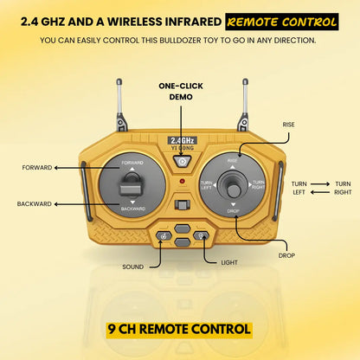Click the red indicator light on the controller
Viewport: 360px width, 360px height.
pos(182,181)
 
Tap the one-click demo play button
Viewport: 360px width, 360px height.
pos(182,161)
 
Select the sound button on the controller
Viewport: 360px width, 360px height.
pos(164,236)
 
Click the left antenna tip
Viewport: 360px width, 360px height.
pos(119,81)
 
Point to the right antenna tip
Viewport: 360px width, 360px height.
pos(245,81)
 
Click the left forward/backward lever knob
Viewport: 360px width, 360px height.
pos(132,189)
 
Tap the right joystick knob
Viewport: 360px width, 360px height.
pos(234,190)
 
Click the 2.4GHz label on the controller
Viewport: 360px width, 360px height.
pos(183,140)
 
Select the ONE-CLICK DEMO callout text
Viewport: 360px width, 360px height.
pos(181,92)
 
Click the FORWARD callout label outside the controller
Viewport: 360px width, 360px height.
pos(37,168)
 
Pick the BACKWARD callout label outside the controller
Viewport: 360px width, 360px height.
pos(34,204)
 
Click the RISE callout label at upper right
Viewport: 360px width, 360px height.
pos(288,125)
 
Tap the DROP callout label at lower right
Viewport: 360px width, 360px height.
pos(286,255)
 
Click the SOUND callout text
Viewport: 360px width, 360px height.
pos(132,267)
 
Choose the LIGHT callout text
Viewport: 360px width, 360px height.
pos(229,263)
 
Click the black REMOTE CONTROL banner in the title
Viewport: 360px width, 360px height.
pos(282,22)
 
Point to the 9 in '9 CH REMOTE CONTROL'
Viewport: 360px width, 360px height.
pos(112,329)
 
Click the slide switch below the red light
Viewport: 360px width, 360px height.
pos(183,205)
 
